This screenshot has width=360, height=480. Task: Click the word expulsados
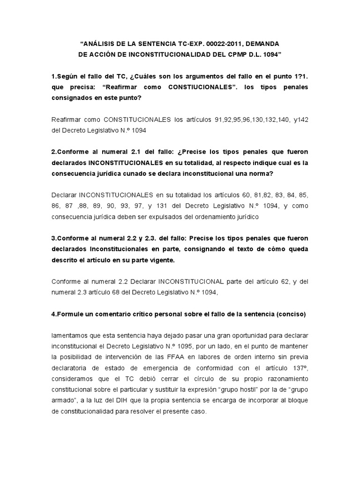[x=165, y=217]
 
